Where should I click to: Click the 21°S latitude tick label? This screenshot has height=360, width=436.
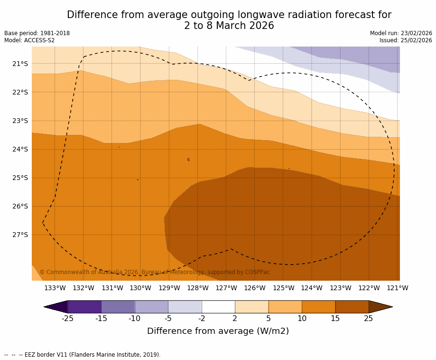(20, 64)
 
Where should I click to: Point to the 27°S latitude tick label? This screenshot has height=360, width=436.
(20, 235)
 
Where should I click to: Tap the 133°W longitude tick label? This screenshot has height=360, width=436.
(55, 288)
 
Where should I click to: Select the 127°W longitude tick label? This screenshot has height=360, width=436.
(226, 288)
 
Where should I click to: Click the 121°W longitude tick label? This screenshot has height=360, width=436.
(398, 288)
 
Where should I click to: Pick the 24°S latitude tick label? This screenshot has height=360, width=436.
(20, 149)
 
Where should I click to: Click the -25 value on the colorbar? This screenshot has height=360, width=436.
(67, 319)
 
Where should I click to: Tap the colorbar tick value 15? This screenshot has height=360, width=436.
(335, 319)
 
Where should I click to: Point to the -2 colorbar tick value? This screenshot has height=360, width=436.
(201, 319)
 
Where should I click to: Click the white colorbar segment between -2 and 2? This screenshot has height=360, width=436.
(218, 307)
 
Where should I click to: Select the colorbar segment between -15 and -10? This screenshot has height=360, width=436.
(118, 307)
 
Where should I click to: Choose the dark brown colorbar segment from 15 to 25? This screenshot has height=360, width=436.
(352, 307)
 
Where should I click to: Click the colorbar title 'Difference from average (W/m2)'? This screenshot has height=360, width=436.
(218, 331)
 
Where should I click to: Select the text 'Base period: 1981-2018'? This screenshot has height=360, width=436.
(37, 33)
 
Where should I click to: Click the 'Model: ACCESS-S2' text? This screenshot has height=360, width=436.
(29, 40)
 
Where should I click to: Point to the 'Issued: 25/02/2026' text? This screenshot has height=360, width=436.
(406, 40)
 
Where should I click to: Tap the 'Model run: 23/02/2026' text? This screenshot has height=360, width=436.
(401, 33)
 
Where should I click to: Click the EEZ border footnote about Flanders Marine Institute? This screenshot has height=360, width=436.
(83, 355)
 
